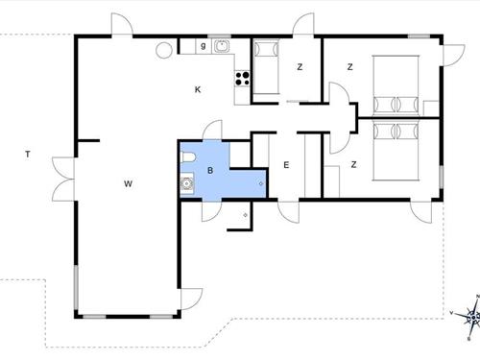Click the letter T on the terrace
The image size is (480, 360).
(x=28, y=154)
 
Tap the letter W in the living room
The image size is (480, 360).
(x=127, y=181)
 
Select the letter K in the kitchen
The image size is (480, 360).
(x=198, y=90)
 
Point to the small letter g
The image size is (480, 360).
(x=204, y=45)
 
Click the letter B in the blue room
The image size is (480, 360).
(x=208, y=170)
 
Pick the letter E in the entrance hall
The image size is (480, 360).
(x=286, y=165)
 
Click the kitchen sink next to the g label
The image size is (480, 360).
(x=222, y=45)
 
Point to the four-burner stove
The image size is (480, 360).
(x=241, y=80)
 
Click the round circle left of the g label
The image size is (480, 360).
(x=163, y=48)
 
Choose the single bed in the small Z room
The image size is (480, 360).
(x=264, y=66)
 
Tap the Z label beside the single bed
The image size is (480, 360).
(x=300, y=66)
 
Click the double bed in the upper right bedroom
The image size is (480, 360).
(x=396, y=84)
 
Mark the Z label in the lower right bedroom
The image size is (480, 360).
(x=353, y=165)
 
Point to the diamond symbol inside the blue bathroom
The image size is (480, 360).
(x=261, y=180)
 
